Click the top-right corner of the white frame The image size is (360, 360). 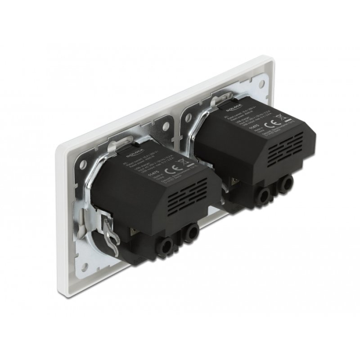(272, 58)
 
